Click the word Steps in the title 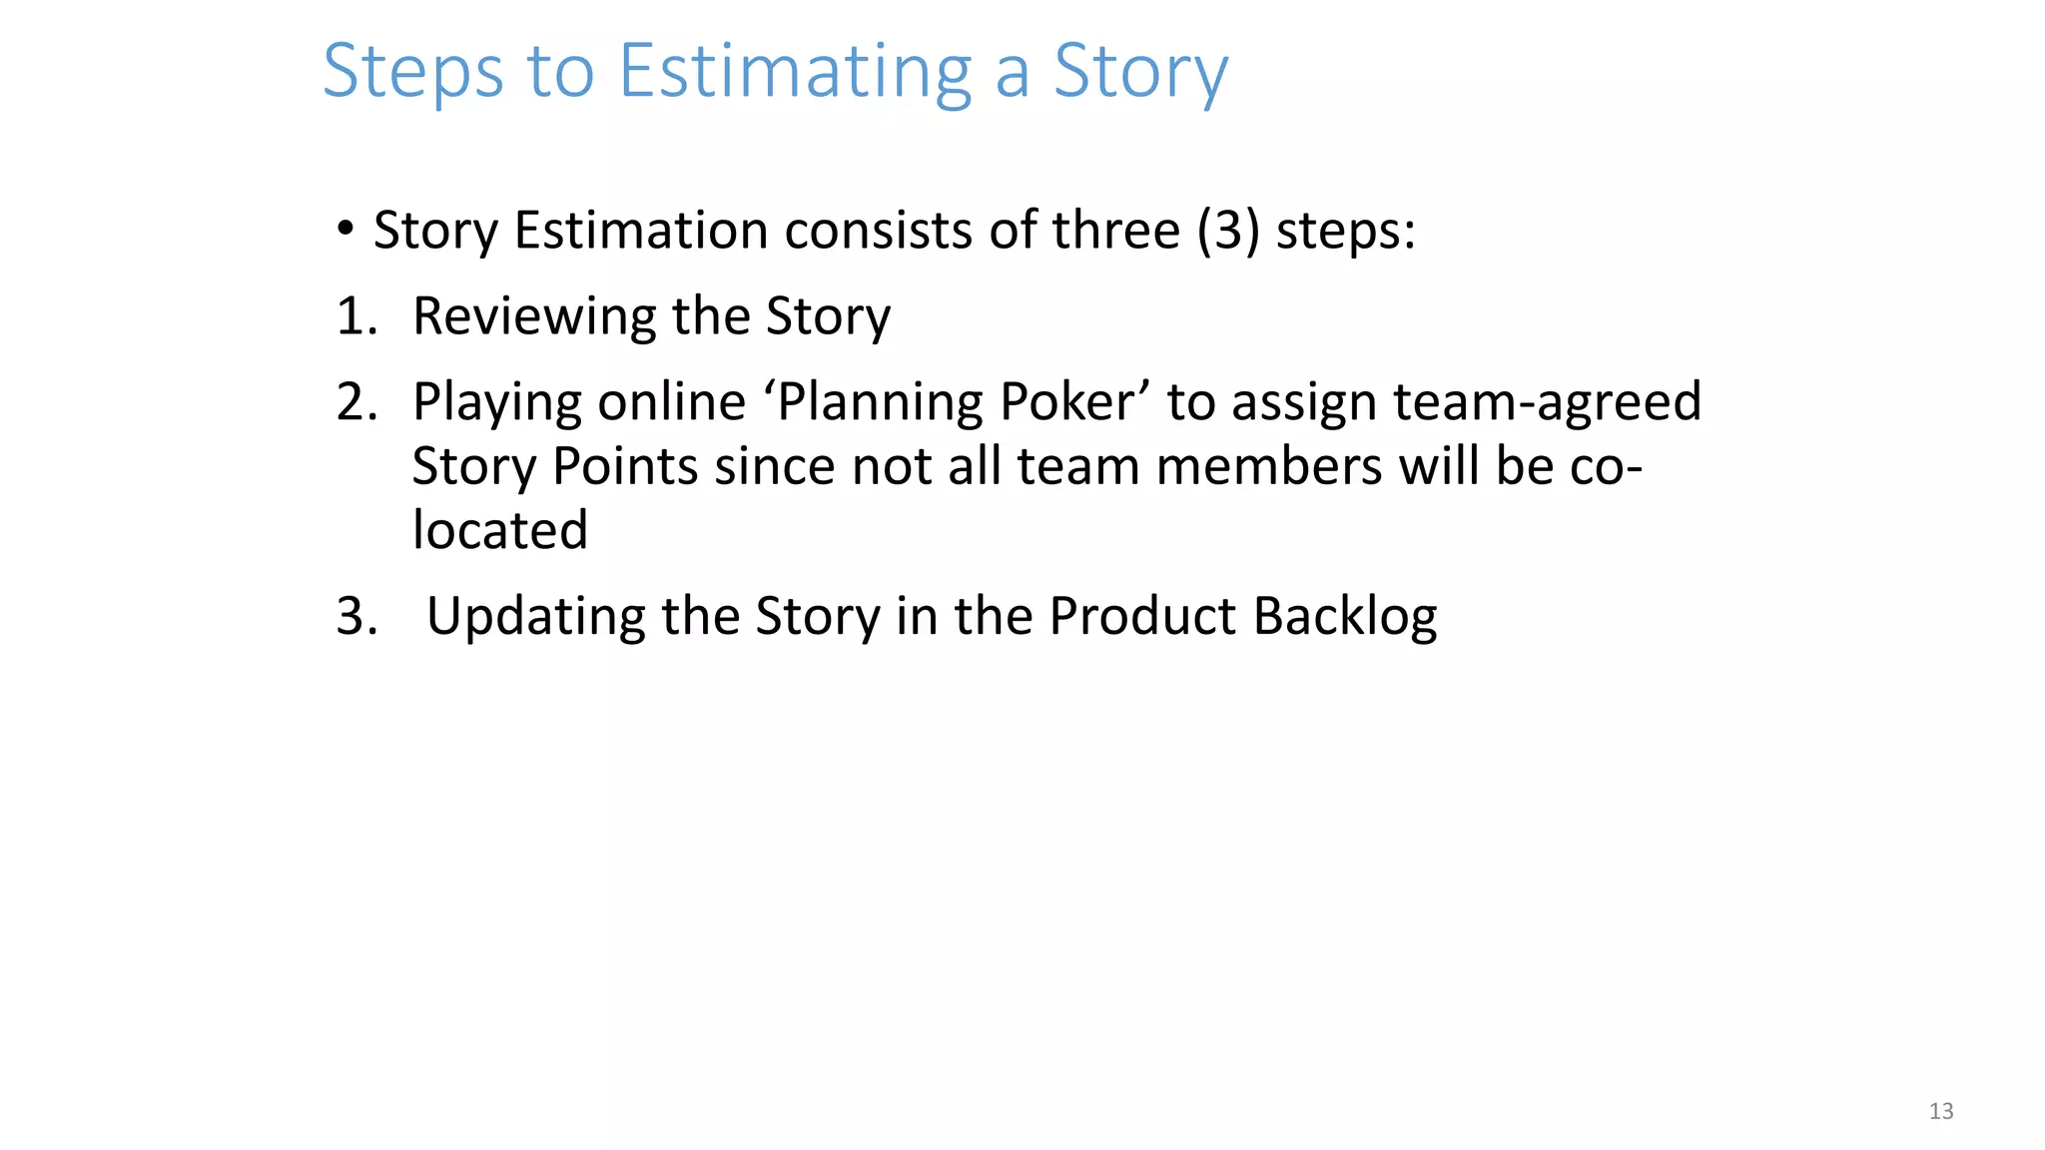click(x=412, y=72)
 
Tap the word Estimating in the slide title click(x=794, y=72)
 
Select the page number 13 click(x=1940, y=1111)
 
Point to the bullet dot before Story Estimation click(x=345, y=229)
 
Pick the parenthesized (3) click(x=1227, y=231)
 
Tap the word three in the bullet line click(x=1115, y=231)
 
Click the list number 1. click(x=354, y=316)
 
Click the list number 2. click(x=355, y=402)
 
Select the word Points click(x=624, y=466)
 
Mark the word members click(x=1268, y=466)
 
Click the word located click(x=499, y=530)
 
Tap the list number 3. click(x=355, y=616)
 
